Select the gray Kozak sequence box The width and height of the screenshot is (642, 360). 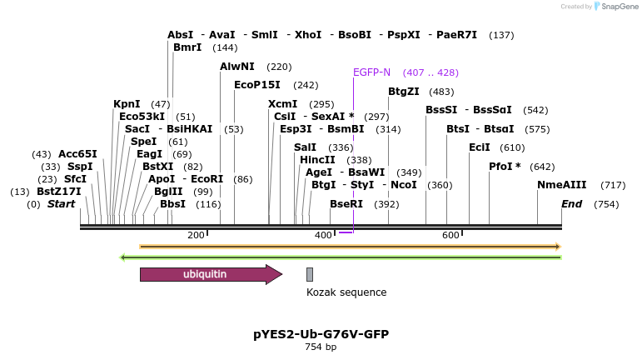click(310, 274)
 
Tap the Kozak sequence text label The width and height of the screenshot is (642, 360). click(346, 292)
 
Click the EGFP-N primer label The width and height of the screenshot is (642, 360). click(371, 72)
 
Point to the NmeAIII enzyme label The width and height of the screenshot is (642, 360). click(561, 185)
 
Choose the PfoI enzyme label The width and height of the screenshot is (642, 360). click(505, 166)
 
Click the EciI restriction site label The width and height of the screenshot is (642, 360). click(479, 147)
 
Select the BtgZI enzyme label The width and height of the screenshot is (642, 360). click(404, 92)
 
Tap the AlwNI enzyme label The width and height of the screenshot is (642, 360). click(237, 66)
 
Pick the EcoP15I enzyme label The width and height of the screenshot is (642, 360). click(257, 85)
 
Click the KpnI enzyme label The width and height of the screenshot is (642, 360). click(127, 104)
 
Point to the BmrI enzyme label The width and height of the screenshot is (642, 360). click(187, 47)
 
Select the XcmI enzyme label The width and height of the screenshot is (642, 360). click(282, 104)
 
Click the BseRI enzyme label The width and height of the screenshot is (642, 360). click(346, 204)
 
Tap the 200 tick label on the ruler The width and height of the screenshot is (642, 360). click(196, 236)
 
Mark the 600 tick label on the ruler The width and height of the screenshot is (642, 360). click(450, 236)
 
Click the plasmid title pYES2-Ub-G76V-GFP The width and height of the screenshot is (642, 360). click(321, 334)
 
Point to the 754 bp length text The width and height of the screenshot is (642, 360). click(321, 347)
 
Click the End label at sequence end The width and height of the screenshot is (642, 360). click(572, 204)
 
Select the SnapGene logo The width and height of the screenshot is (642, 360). click(615, 7)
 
